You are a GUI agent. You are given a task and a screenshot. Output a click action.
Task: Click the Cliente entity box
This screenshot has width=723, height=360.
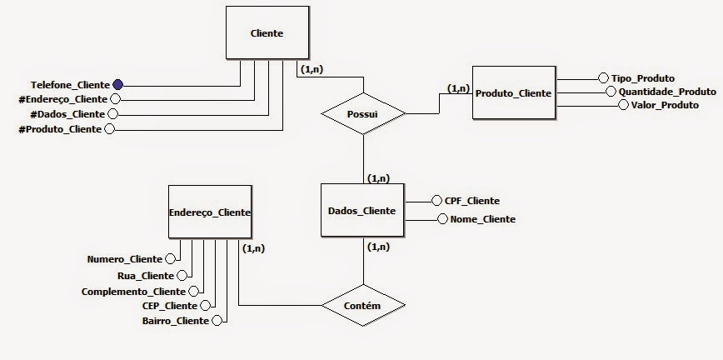(x=267, y=33)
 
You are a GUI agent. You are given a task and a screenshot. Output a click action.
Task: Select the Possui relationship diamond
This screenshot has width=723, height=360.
(x=364, y=112)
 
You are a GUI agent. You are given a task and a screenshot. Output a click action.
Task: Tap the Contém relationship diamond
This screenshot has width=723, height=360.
(x=362, y=306)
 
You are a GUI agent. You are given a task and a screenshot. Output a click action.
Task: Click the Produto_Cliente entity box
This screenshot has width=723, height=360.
(x=513, y=92)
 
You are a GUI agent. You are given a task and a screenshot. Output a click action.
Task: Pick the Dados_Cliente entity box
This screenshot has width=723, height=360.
(x=362, y=211)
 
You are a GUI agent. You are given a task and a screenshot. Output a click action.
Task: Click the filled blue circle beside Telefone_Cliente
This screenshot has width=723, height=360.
(x=117, y=84)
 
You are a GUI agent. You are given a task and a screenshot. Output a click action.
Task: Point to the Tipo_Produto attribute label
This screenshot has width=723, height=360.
(x=643, y=77)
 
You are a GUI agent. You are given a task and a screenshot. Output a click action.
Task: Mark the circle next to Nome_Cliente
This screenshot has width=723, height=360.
(x=443, y=219)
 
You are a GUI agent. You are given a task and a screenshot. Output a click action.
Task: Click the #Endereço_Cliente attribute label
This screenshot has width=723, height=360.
(x=63, y=99)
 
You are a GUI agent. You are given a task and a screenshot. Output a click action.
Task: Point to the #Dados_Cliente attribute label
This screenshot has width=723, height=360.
(x=67, y=114)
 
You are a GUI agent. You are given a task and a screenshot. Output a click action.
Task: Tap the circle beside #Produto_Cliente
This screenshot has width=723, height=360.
(x=109, y=129)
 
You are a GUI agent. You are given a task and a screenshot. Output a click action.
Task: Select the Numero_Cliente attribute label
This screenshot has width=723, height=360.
(x=125, y=259)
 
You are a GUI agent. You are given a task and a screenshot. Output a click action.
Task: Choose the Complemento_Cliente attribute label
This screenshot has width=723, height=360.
(x=133, y=291)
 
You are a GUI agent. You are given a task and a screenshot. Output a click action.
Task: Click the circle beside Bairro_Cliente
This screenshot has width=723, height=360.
(x=217, y=321)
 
